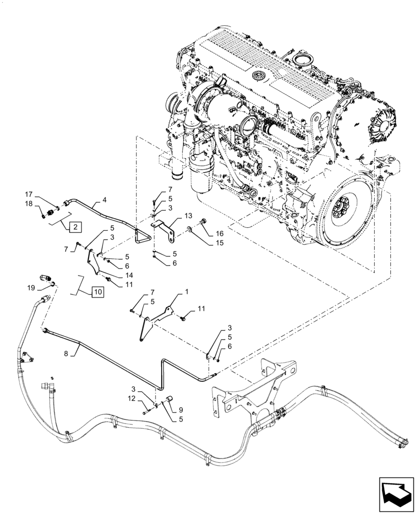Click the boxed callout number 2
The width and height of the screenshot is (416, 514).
(75, 226)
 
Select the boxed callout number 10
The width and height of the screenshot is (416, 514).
(98, 292)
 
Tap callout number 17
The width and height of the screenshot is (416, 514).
(29, 194)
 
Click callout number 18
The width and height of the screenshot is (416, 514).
(29, 205)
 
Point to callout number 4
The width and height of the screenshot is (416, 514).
(105, 199)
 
